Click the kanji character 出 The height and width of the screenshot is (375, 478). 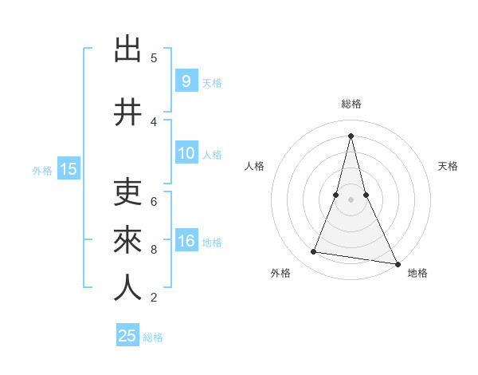click(x=128, y=49)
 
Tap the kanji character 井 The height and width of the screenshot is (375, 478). click(x=128, y=112)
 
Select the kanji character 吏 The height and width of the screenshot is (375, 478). click(x=128, y=192)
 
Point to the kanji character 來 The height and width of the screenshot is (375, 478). click(x=128, y=240)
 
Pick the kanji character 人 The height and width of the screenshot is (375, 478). click(x=128, y=288)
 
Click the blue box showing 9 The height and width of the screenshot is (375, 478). click(x=186, y=81)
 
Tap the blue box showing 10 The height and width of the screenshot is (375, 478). click(x=186, y=154)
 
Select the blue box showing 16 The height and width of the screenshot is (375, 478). click(x=186, y=242)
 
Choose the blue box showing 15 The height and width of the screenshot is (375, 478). click(x=68, y=169)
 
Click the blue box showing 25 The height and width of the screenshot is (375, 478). click(x=127, y=337)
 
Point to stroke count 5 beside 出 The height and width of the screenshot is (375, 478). click(x=154, y=58)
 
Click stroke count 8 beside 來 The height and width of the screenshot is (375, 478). click(x=154, y=250)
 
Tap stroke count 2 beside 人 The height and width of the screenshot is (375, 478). click(x=154, y=298)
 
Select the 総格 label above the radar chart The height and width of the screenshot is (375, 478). click(x=351, y=104)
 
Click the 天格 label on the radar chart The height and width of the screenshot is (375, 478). click(x=449, y=166)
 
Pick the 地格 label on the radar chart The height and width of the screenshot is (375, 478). click(x=417, y=273)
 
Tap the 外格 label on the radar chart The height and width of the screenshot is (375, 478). click(x=280, y=273)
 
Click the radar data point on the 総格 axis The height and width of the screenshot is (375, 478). click(x=351, y=135)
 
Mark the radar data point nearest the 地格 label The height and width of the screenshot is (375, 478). click(x=397, y=263)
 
